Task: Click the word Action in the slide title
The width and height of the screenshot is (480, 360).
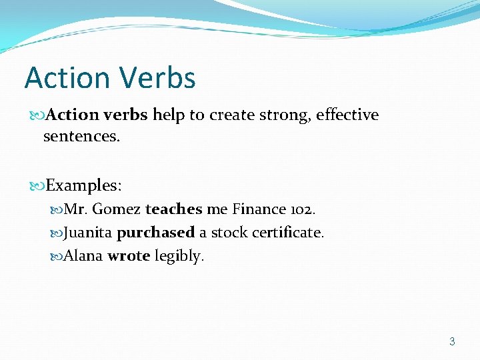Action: point(66,78)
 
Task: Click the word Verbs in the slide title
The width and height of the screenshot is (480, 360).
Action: point(156,78)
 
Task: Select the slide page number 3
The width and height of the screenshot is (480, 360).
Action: point(452,341)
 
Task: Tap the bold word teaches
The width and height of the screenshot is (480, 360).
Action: point(173,209)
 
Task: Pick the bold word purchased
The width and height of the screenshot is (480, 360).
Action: point(155,233)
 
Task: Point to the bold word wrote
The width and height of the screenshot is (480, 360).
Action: point(128,256)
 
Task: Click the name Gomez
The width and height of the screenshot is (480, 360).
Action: point(117,209)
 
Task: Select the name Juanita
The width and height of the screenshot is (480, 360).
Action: point(88,233)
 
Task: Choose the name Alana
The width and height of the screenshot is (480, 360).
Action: point(83,256)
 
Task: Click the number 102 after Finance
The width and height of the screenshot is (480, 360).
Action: point(301,209)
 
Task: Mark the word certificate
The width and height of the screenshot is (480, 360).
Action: point(287,233)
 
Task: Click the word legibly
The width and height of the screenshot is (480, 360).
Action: point(179,257)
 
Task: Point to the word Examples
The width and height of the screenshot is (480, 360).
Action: point(83,184)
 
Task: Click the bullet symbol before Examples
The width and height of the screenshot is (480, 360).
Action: point(39,185)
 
